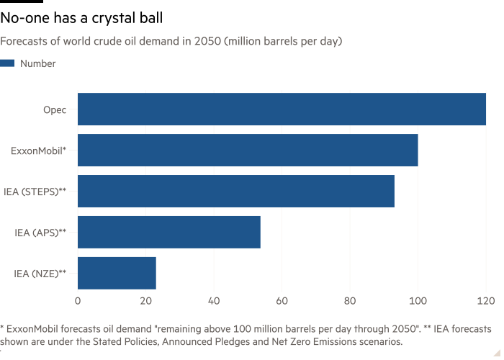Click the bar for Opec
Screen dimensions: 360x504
click(x=282, y=109)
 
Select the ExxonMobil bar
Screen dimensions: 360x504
click(x=248, y=150)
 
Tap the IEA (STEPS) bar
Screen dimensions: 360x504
click(x=235, y=192)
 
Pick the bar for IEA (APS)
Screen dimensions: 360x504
click(x=168, y=232)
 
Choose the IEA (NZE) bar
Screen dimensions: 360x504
click(x=117, y=273)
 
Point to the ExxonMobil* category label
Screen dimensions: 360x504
click(x=40, y=150)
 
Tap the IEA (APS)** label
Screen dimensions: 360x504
click(x=40, y=233)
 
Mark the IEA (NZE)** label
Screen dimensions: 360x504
click(x=40, y=273)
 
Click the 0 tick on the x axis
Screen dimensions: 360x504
click(x=78, y=299)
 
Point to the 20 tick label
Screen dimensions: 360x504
click(x=145, y=299)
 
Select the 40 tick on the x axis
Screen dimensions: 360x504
click(x=214, y=299)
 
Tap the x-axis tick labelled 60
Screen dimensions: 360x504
click(x=282, y=299)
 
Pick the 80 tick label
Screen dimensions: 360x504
click(x=350, y=299)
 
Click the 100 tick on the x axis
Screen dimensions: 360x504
click(x=418, y=299)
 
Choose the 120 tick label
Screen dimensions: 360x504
click(x=485, y=299)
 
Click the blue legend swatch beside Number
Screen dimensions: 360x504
click(x=8, y=63)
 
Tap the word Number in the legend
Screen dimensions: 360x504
click(x=38, y=63)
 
